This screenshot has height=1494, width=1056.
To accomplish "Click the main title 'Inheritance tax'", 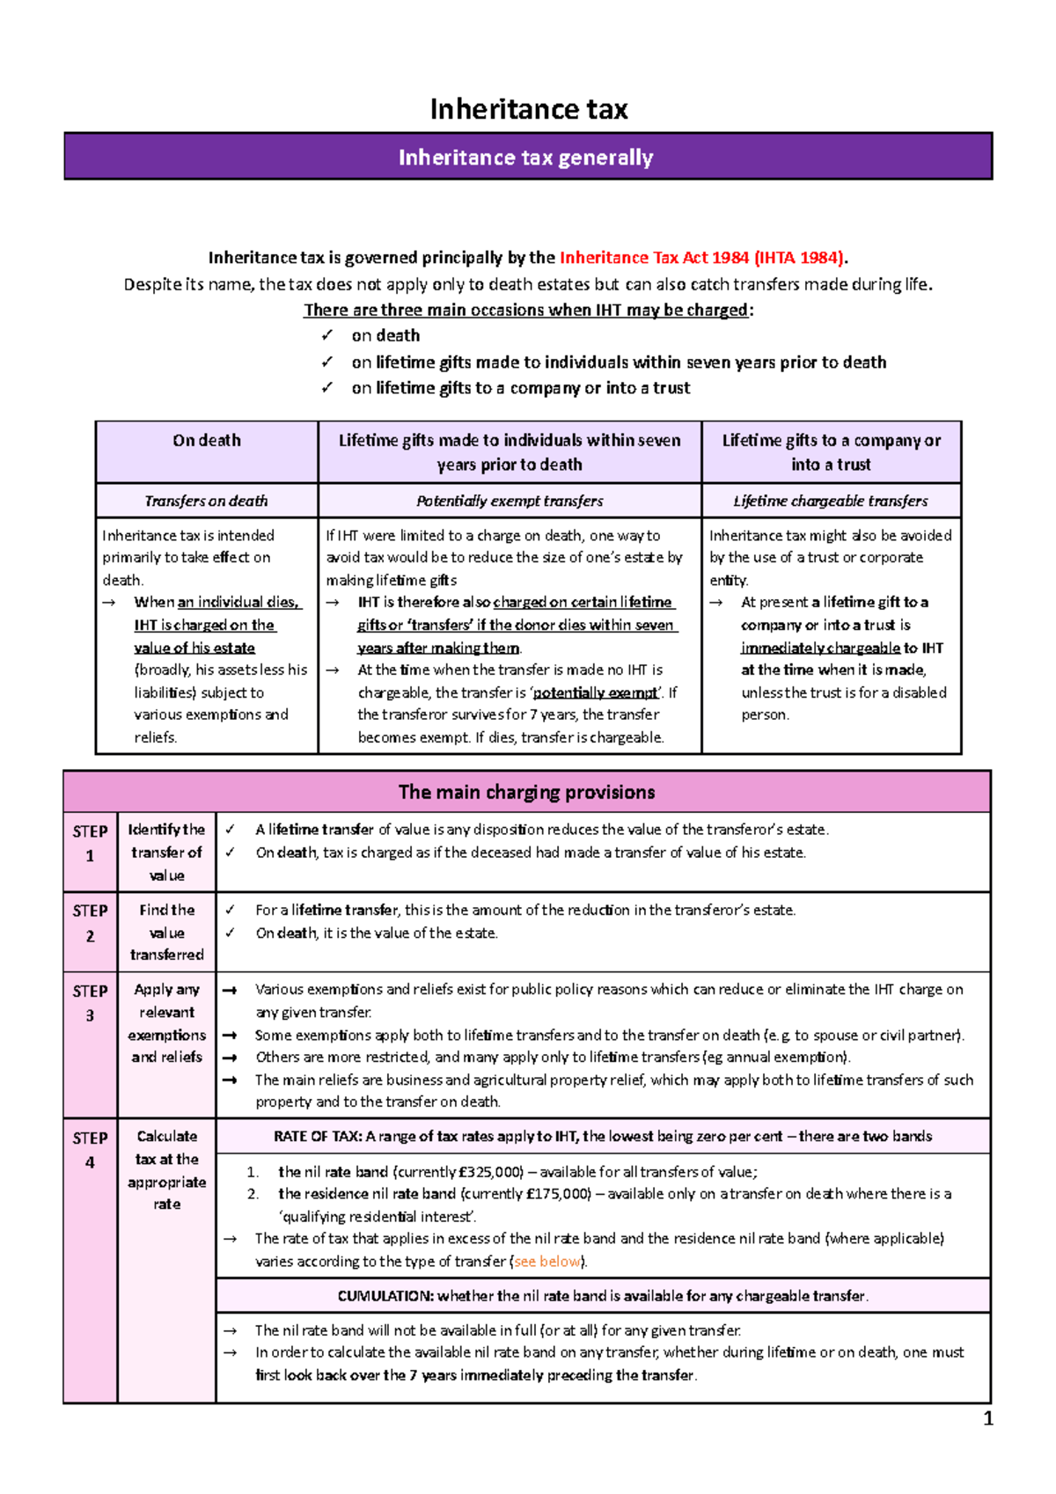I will coord(528,109).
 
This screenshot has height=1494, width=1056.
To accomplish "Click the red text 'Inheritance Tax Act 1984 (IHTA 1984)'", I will coord(702,258).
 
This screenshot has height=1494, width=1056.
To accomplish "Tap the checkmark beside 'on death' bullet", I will coord(327,336).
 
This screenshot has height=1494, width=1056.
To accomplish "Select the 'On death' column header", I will coord(207,441).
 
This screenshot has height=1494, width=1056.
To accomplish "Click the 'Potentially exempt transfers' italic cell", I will coord(510,501).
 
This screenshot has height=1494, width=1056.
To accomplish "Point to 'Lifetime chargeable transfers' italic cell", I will coord(831,501).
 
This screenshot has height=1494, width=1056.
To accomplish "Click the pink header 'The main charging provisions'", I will coord(526,792).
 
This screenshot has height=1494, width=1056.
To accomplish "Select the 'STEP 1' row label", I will coord(90,843).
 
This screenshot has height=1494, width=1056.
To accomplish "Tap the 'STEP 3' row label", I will coord(90,1002).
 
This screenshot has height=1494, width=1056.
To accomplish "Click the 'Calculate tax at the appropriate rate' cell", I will coord(166,1170).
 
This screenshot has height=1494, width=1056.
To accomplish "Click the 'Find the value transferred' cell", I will coord(166,933).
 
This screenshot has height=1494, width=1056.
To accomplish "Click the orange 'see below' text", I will coord(547,1262).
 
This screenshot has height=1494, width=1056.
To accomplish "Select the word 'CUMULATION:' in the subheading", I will coord(385,1296).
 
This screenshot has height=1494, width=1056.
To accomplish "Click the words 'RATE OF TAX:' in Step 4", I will coord(318,1137).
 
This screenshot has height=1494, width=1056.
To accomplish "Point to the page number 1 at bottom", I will coord(988,1418).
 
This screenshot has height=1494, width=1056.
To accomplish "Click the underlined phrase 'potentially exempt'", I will coord(595,693).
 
